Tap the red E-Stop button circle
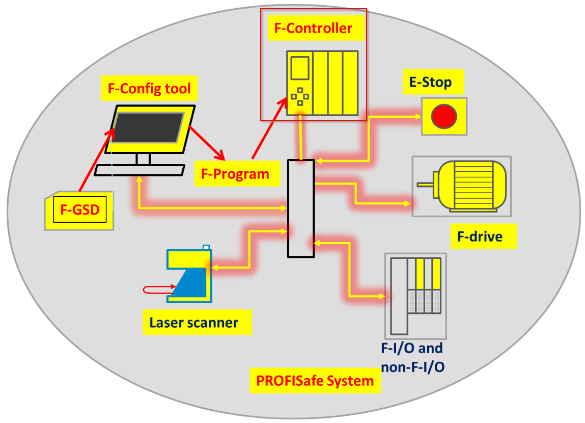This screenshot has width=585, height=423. pos(444,116)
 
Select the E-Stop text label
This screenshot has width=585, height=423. pos(431,82)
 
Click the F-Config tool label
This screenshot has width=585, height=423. pos(149,89)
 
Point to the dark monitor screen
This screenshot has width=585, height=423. pos(149,127)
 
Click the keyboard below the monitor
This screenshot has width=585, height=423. pos(140,170)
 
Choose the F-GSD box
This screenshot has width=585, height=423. pos(80,210)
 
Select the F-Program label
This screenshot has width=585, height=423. pos(235,174)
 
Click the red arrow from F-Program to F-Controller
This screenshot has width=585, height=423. pos(269,129)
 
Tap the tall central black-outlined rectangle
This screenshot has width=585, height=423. pos(301,209)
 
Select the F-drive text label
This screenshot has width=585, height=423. pos(480,236)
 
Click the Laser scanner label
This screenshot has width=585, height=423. pos(193,323)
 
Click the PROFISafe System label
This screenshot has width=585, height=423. pos(315,381)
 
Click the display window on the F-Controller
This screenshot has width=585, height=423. pos(300,68)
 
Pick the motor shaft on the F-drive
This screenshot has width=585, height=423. pos(425,184)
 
